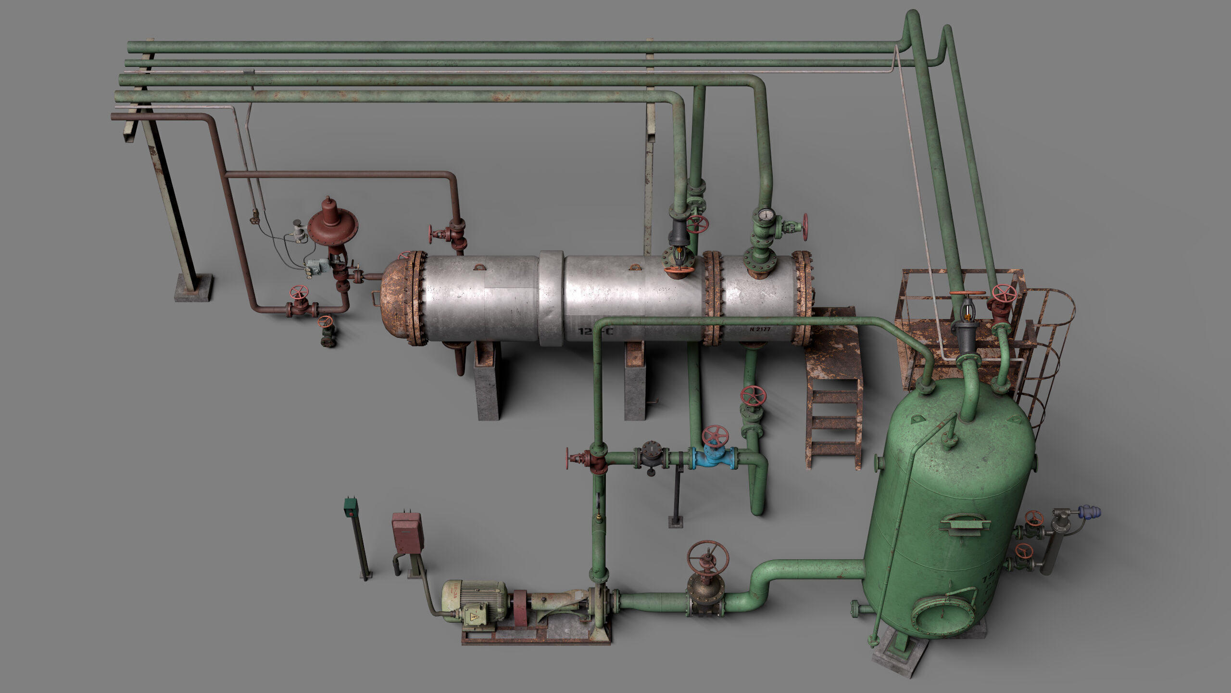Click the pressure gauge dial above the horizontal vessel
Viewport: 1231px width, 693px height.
(764, 214)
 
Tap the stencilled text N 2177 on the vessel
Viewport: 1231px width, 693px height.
(760, 330)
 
